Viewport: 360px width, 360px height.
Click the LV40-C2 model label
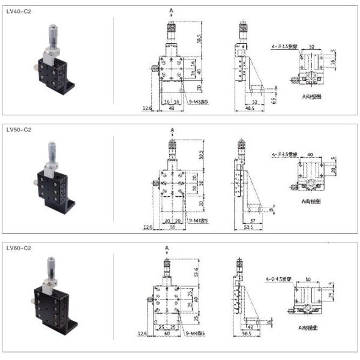pyautogui.click(x=19, y=11)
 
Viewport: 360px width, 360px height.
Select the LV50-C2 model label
pyautogui.click(x=19, y=129)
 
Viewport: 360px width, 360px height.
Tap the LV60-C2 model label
pyautogui.click(x=19, y=247)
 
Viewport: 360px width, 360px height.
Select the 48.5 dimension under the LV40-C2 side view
pyautogui.click(x=250, y=109)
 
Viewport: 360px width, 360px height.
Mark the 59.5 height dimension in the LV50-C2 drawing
pyautogui.click(x=200, y=157)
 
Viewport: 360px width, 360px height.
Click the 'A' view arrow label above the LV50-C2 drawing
pyautogui.click(x=172, y=129)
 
